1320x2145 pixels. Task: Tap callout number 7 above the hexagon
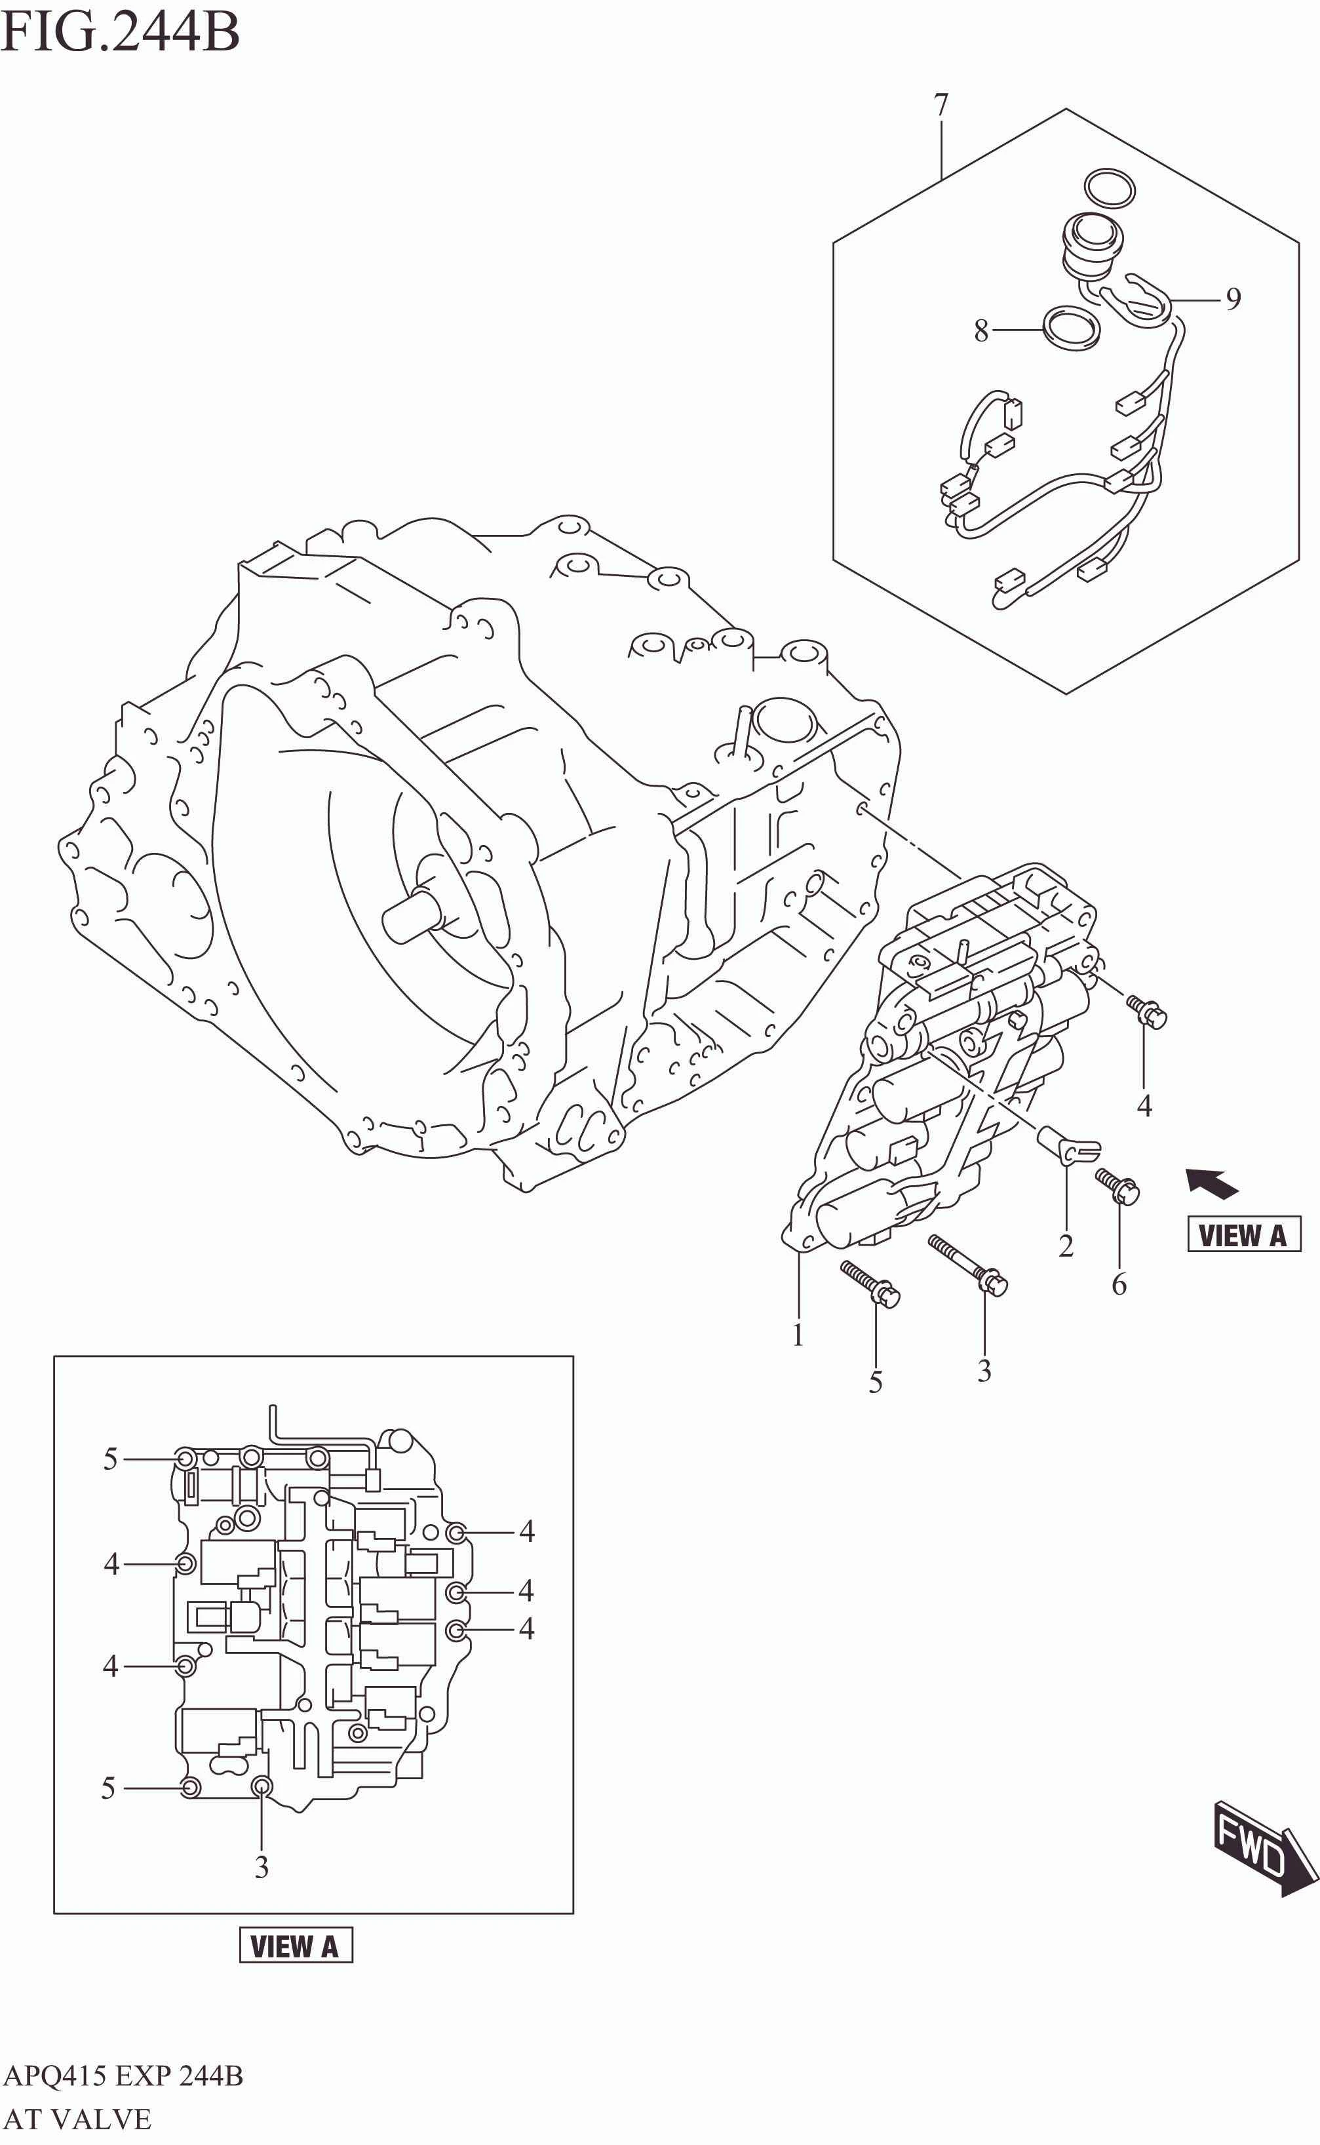tap(941, 105)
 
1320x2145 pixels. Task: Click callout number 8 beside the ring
tap(981, 331)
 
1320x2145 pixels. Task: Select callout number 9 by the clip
tap(1233, 300)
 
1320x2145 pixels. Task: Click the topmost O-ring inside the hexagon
tap(1110, 187)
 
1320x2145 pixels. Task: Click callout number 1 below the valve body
tap(797, 1335)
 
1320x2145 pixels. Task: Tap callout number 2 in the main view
tap(1065, 1246)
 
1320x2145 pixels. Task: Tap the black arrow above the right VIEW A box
tap(1212, 1183)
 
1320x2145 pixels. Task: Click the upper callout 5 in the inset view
tap(110, 1459)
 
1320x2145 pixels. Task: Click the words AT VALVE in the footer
tap(77, 2119)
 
